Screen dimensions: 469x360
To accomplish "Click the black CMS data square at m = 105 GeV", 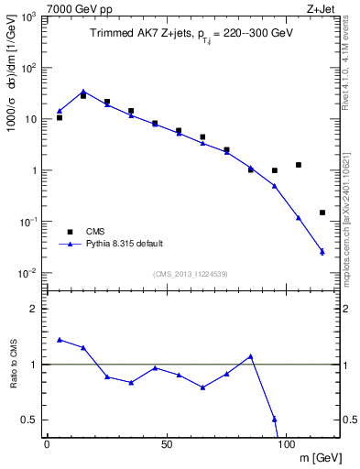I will (x=299, y=165).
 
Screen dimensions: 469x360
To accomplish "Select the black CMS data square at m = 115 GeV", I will (x=322, y=213).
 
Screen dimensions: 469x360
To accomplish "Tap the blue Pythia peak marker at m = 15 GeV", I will (x=83, y=92).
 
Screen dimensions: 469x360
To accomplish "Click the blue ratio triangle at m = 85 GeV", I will (x=250, y=355).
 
